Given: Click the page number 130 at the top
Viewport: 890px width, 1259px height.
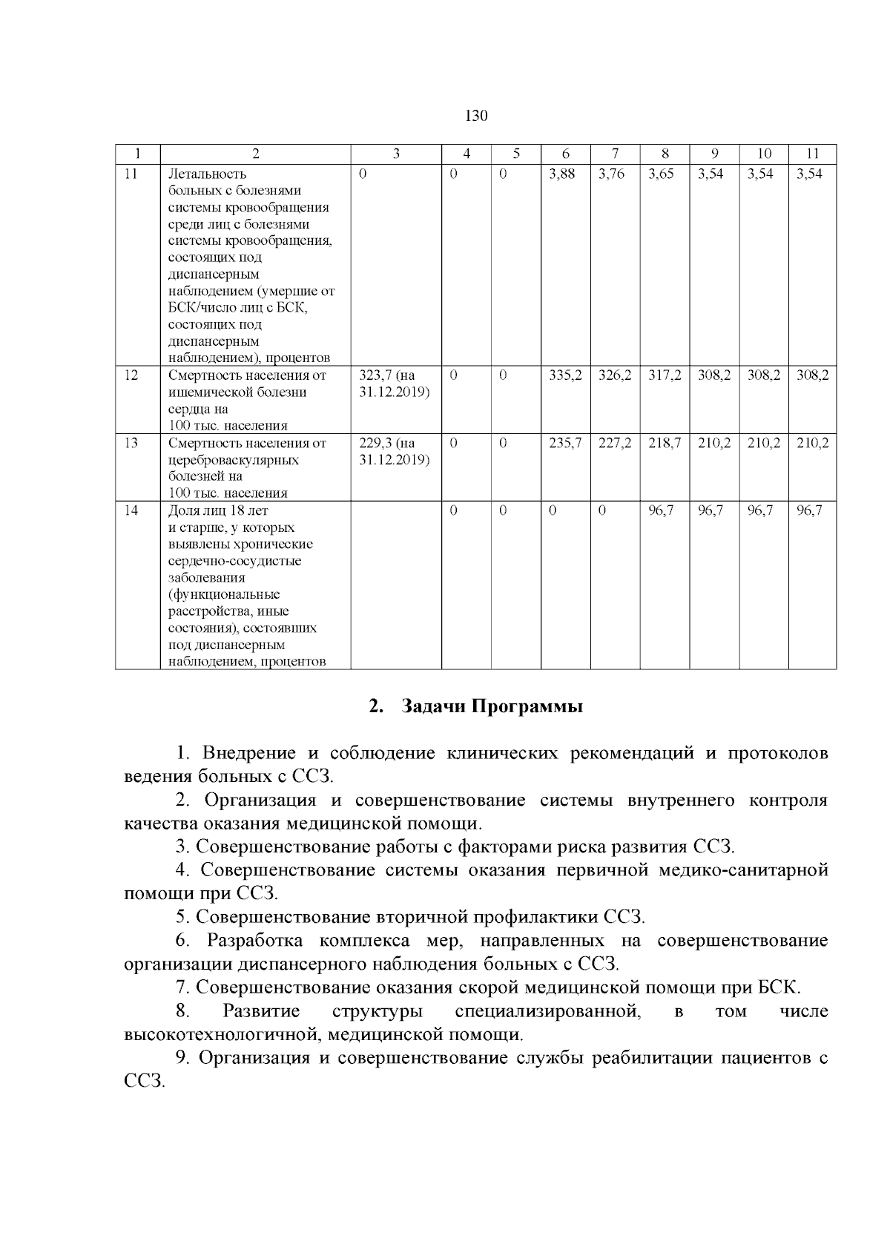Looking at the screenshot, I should (475, 116).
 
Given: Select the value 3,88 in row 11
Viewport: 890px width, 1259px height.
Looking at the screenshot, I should (561, 174).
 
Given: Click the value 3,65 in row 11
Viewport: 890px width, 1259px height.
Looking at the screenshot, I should (661, 174).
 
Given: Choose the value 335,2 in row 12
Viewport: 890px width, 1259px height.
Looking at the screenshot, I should (564, 375).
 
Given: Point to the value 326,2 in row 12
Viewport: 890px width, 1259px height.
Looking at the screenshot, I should (614, 375).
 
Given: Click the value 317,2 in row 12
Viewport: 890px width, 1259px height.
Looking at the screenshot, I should (664, 375).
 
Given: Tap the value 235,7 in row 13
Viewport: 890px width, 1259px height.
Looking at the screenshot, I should (564, 443).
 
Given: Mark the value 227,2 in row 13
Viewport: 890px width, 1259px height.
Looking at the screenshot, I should (614, 443).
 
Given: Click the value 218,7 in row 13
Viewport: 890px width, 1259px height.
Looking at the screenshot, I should (664, 443).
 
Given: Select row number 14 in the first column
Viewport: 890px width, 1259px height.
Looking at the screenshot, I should (131, 510).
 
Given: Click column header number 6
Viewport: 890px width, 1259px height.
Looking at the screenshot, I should (565, 154).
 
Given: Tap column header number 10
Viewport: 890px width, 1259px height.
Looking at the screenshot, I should (763, 154).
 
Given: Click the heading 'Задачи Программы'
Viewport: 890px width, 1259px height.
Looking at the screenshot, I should (492, 706).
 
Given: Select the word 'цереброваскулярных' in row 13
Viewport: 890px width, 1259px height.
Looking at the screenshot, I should (234, 460).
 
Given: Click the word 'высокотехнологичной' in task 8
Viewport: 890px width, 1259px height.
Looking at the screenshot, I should (222, 1034).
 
